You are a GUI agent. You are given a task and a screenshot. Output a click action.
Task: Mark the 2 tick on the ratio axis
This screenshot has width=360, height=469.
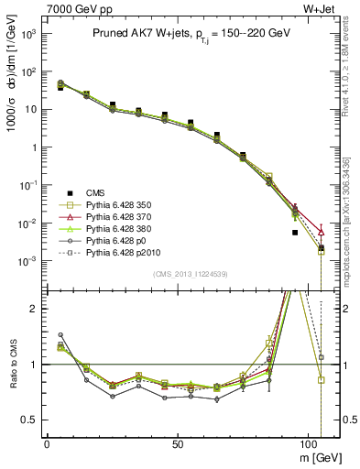coord(35,309)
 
